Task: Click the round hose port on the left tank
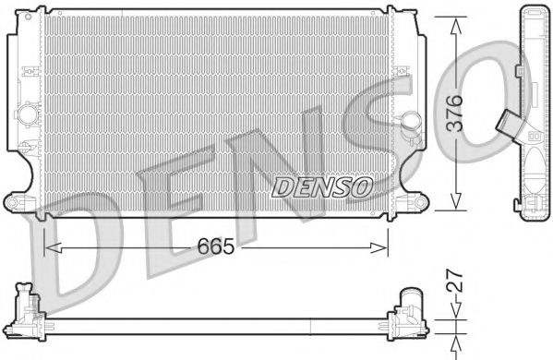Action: pos(28,116)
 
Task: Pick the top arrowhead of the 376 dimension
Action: pos(454,23)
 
